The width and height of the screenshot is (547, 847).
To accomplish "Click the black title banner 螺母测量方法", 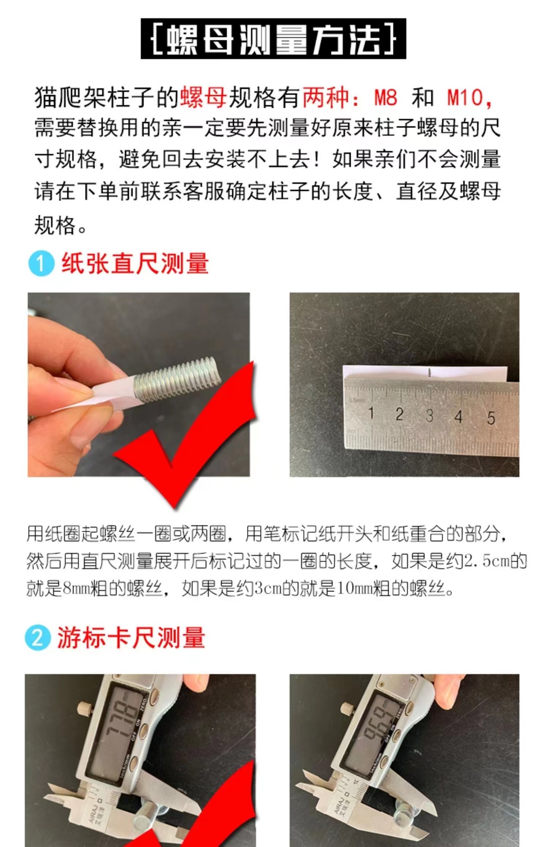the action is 273,39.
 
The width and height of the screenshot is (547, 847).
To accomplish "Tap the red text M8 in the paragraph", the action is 386,97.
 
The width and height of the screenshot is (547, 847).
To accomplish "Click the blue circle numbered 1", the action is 41,263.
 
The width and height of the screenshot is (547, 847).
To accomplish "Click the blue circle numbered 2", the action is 37,638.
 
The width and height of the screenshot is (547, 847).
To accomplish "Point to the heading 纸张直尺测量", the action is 135,263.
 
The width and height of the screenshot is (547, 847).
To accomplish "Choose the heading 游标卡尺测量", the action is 131,638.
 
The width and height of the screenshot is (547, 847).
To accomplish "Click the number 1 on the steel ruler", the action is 371,413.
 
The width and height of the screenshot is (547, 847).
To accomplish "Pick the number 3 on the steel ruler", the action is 429,415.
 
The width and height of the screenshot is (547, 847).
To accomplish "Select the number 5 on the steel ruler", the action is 491,418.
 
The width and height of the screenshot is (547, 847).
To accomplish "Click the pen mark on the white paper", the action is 429,373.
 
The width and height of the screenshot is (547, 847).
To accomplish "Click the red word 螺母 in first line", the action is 203,97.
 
